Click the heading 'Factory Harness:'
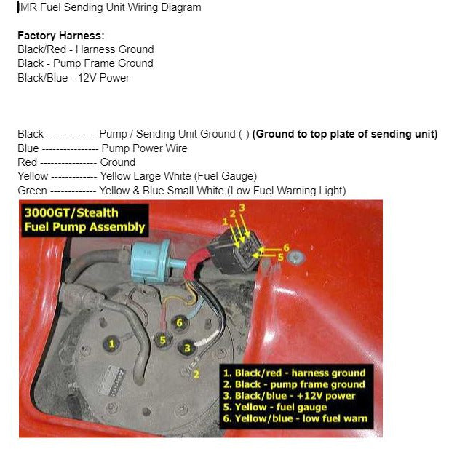point(60,35)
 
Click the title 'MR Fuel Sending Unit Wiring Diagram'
point(109,7)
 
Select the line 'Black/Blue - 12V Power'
point(73,77)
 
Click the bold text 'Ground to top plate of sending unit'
point(346,134)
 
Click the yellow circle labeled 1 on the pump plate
point(111,343)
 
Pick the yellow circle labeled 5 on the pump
point(163,339)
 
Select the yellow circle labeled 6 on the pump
point(178,322)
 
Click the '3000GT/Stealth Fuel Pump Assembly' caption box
point(84,220)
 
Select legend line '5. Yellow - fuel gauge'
point(280,407)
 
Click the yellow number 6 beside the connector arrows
point(286,247)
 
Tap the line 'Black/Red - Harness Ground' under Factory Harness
point(85,49)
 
